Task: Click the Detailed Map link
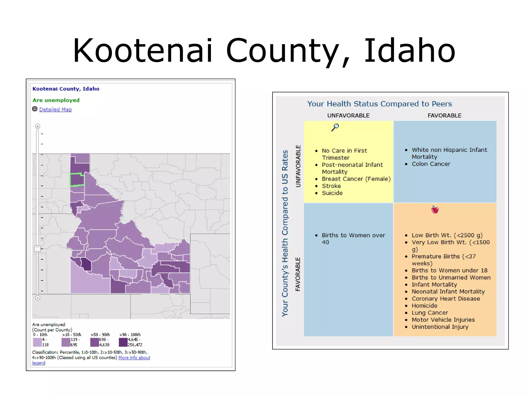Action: (x=55, y=110)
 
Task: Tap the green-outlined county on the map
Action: (x=77, y=180)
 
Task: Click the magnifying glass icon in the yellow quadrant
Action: (x=335, y=127)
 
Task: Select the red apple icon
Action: (x=435, y=210)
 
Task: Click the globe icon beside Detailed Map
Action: (x=35, y=109)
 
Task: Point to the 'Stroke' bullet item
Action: (x=331, y=186)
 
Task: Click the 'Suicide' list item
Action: (x=332, y=193)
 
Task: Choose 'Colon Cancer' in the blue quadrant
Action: (x=431, y=164)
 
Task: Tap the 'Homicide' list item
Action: (x=424, y=306)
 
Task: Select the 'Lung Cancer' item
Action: (x=430, y=313)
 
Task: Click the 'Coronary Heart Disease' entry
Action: (x=446, y=299)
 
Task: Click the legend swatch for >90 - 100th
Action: (x=123, y=342)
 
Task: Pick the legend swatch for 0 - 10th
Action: (x=37, y=342)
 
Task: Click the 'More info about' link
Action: (x=134, y=358)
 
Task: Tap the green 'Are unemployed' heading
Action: (x=56, y=100)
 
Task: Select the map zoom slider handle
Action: (x=38, y=249)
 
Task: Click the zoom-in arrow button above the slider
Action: (x=38, y=126)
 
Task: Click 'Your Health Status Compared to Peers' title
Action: (x=379, y=104)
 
